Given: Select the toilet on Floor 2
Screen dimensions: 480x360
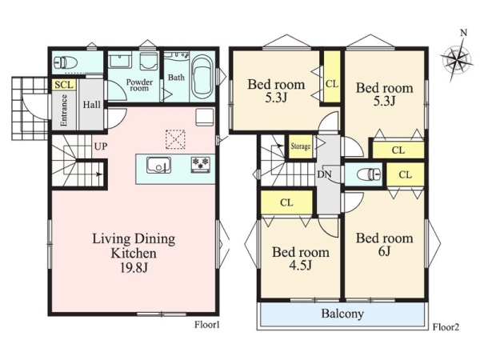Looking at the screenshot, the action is (x=369, y=174).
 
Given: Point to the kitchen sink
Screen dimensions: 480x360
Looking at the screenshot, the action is (x=158, y=165).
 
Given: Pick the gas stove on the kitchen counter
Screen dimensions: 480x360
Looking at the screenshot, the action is (x=201, y=164).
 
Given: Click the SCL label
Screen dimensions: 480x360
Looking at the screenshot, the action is (x=64, y=85).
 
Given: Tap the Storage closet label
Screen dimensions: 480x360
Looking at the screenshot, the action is (x=300, y=146).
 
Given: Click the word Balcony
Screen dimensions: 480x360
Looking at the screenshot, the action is (x=342, y=314).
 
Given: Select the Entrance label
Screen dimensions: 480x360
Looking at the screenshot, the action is (x=64, y=110).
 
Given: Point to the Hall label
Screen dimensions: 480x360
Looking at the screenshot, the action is (x=91, y=105).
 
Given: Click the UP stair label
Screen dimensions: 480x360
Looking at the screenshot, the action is (x=101, y=146).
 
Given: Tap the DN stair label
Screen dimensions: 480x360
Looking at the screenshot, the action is (x=324, y=174).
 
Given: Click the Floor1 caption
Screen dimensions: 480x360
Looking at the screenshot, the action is (x=207, y=325).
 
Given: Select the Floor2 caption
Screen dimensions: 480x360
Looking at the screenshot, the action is (x=446, y=327).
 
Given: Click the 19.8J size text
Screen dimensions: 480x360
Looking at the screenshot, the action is (x=134, y=268).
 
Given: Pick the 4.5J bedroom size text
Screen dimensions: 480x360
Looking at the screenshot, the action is (x=300, y=265).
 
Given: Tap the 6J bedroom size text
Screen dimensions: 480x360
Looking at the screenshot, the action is (x=384, y=251).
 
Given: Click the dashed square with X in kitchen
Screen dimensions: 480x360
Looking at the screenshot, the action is (x=175, y=139).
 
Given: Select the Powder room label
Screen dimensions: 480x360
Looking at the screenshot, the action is (x=139, y=85).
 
